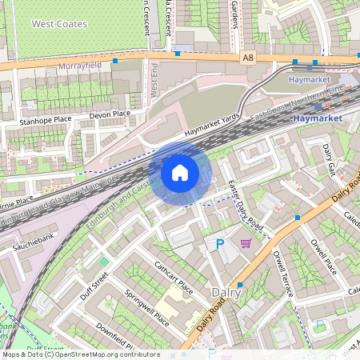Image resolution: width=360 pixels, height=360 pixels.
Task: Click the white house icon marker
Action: pyautogui.click(x=180, y=173)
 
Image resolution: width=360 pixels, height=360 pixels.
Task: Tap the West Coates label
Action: pyautogui.click(x=59, y=24)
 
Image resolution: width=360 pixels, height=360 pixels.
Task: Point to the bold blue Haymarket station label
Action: pyautogui.click(x=318, y=118)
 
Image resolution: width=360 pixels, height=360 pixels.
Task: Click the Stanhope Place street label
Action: pyautogui.click(x=46, y=121)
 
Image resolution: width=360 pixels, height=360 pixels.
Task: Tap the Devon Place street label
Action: pyautogui.click(x=110, y=114)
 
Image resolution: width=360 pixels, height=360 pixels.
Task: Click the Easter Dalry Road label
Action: pyautogui.click(x=239, y=202)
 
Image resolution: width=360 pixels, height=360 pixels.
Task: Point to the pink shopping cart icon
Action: pyautogui.click(x=246, y=243)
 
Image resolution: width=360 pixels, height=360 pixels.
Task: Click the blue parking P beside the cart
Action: pyautogui.click(x=219, y=244)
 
